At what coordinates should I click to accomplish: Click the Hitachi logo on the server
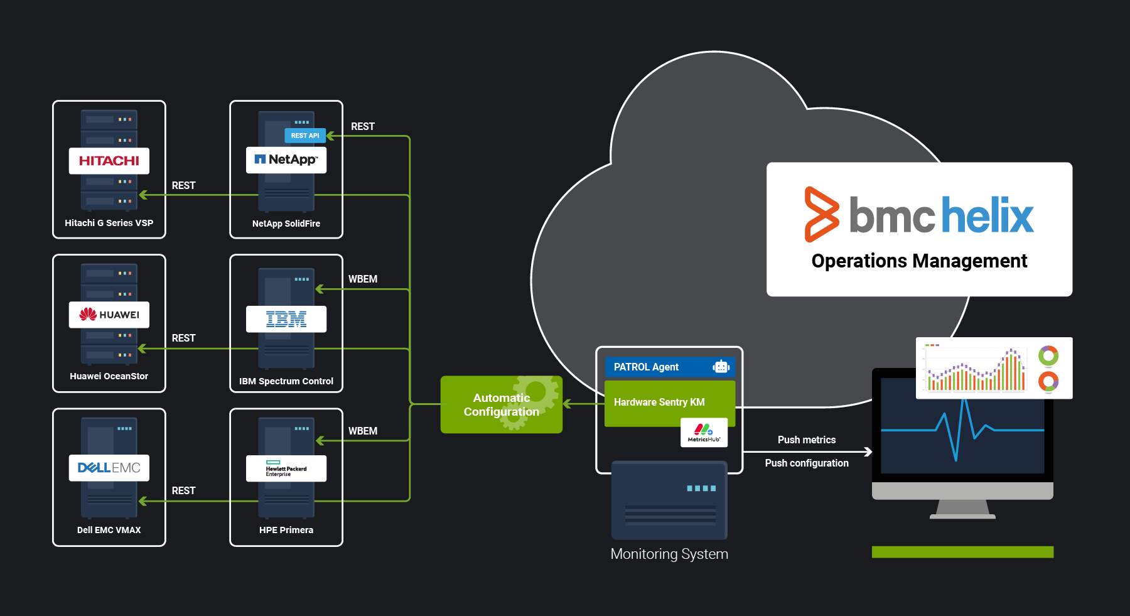[109, 161]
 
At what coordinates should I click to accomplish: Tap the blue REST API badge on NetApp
[305, 136]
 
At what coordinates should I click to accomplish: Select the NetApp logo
[286, 159]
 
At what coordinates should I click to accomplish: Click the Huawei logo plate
[109, 315]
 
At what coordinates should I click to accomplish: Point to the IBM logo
[286, 319]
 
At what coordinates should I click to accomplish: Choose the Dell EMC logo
[109, 468]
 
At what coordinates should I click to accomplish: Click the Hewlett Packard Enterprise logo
[286, 468]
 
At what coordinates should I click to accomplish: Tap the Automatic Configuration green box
[501, 405]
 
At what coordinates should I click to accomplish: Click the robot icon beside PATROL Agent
[721, 367]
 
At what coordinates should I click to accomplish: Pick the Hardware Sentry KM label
[659, 402]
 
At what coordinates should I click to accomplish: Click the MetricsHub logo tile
[704, 433]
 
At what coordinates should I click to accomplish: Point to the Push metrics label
[806, 440]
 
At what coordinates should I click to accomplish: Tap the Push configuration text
[806, 463]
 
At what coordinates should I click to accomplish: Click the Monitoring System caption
[669, 554]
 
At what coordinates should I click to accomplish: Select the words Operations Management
[919, 261]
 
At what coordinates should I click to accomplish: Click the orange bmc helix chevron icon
[821, 214]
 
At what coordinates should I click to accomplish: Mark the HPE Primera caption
[286, 530]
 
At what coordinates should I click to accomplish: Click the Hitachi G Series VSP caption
[109, 223]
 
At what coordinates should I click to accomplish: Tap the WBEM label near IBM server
[363, 279]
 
